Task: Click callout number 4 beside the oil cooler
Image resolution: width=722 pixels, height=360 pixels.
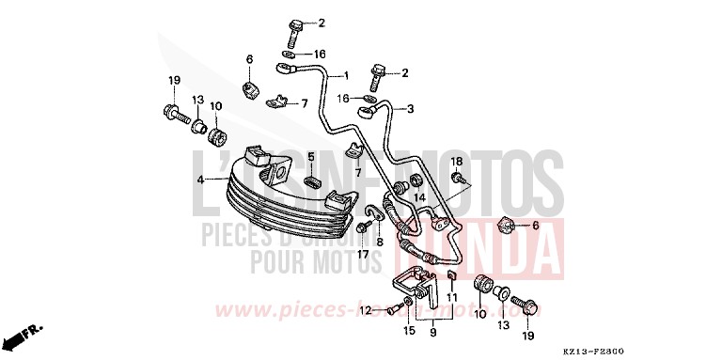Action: pyautogui.click(x=200, y=179)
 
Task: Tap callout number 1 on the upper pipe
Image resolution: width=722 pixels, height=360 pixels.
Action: pyautogui.click(x=345, y=75)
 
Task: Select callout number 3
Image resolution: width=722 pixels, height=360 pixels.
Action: pyautogui.click(x=410, y=108)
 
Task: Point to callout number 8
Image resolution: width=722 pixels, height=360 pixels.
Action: pyautogui.click(x=380, y=242)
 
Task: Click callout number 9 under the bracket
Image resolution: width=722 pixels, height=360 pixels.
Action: pyautogui.click(x=432, y=331)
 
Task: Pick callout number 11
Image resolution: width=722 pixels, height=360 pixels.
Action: pyautogui.click(x=451, y=297)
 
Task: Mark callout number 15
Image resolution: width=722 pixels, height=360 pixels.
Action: pyautogui.click(x=409, y=330)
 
